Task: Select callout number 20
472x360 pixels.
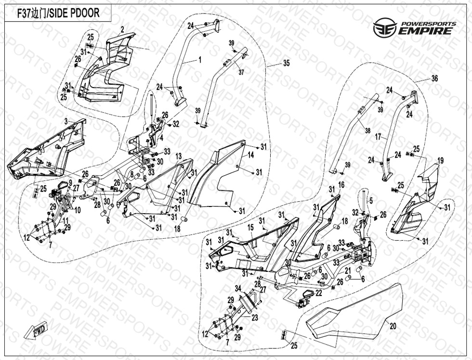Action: coord(393,326)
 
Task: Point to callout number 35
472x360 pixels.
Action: coord(287,63)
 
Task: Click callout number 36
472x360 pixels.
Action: coord(434,79)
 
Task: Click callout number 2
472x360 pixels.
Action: coord(122,30)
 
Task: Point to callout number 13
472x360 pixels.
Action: coord(178,157)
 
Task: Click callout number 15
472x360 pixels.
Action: coord(250,227)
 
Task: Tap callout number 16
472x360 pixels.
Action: coord(341,184)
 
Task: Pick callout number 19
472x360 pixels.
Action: coord(440,160)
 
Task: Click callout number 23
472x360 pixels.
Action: coord(255,318)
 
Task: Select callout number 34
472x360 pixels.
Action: coord(237,288)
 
